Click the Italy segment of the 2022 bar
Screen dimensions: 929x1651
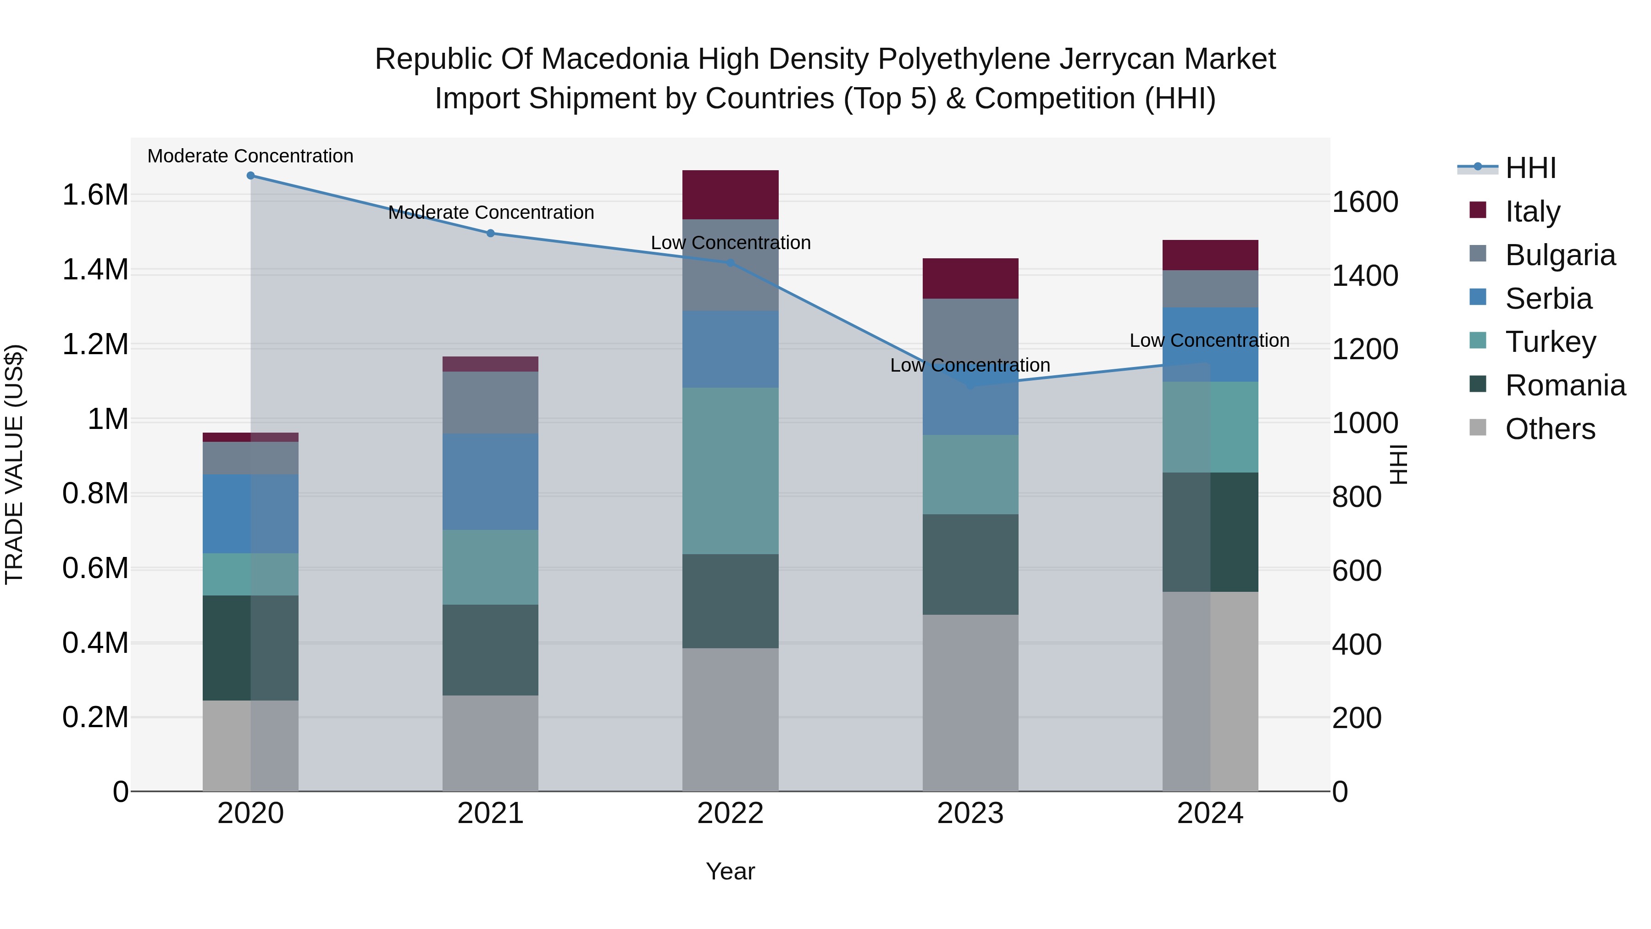click(730, 195)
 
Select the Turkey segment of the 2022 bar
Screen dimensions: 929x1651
click(730, 471)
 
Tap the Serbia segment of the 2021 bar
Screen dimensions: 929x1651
click(490, 482)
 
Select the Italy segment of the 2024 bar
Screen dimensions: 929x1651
click(1210, 255)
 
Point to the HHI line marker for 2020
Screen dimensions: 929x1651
click(250, 176)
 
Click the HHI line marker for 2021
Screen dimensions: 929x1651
click(490, 234)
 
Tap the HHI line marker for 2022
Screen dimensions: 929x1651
click(730, 263)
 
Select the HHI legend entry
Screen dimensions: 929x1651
click(1530, 168)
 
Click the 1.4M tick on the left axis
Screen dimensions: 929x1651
click(95, 270)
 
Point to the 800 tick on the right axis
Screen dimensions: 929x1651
click(1356, 497)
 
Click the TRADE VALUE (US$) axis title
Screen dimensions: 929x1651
click(15, 464)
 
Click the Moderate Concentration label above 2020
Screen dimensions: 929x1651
click(250, 156)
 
